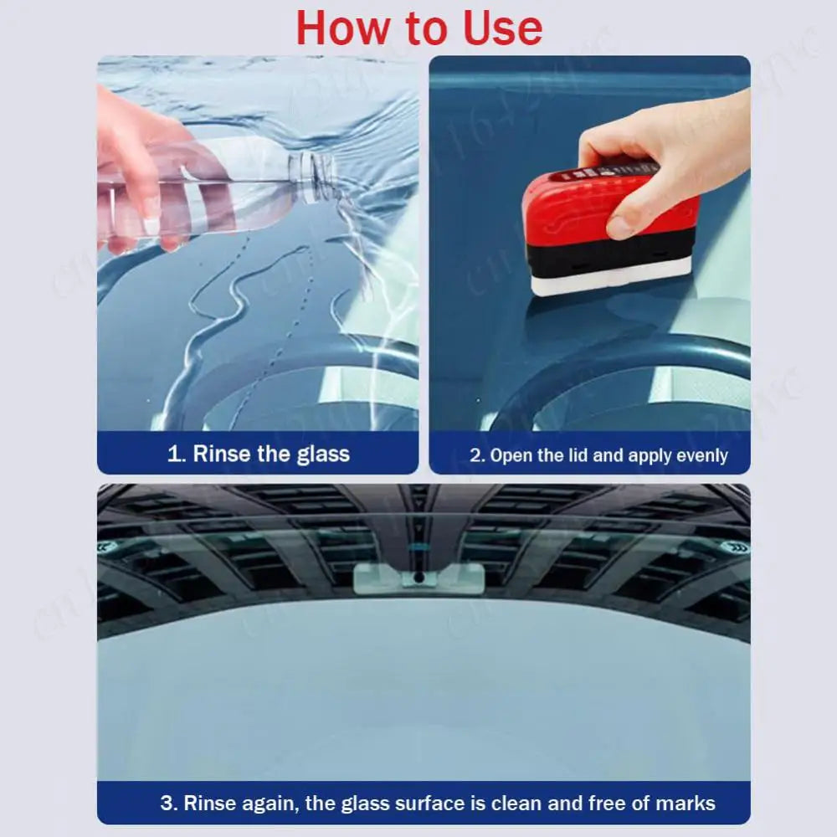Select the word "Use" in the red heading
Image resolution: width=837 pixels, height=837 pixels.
[501, 28]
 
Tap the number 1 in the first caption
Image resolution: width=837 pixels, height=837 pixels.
[173, 454]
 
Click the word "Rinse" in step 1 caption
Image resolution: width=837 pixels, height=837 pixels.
[222, 454]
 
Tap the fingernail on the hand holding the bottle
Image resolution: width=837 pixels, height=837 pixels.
[151, 224]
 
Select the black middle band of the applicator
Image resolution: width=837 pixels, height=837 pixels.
[611, 251]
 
